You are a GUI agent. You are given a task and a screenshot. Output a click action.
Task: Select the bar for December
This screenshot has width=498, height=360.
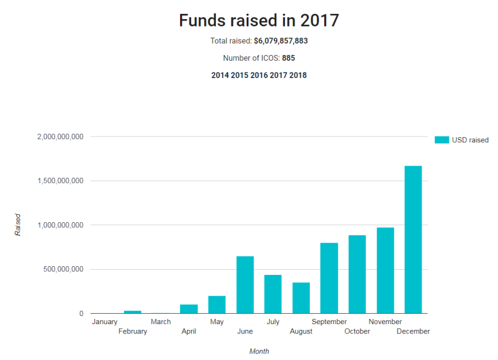[x=413, y=240]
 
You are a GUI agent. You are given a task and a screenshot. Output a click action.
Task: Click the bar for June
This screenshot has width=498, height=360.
[x=245, y=285]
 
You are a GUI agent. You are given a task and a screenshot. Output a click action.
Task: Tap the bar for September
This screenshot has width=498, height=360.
[x=329, y=278]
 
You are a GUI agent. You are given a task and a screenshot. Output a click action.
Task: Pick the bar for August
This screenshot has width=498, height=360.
[x=301, y=297]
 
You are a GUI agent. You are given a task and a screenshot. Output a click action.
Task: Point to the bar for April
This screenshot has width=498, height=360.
[x=189, y=308]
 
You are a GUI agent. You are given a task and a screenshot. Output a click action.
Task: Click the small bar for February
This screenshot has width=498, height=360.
[x=133, y=312]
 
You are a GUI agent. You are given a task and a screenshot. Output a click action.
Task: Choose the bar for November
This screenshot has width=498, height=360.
[x=385, y=270]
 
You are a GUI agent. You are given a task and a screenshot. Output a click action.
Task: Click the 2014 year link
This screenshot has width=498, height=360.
[x=219, y=75]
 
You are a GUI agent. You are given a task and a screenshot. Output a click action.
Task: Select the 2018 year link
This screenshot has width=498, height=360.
[x=298, y=75]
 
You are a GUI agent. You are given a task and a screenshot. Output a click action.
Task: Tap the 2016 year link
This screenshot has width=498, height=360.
[x=259, y=75]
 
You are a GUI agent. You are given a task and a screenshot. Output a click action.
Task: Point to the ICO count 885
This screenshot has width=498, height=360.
[x=289, y=58]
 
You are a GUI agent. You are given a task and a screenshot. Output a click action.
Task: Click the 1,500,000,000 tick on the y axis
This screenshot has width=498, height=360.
[x=60, y=181]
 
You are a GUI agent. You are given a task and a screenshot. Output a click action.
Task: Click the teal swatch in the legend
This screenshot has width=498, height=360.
[x=442, y=140]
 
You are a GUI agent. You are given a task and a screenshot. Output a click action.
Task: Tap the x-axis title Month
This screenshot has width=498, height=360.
[x=259, y=351]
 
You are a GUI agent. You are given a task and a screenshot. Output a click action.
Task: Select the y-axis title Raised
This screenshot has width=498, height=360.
[x=18, y=225]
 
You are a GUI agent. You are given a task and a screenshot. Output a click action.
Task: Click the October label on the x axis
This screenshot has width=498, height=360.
[x=357, y=331]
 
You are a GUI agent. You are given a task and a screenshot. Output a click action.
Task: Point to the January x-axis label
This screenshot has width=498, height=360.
[x=104, y=322]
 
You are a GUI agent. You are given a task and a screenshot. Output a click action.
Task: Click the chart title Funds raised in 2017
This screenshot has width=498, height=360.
[x=258, y=20]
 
